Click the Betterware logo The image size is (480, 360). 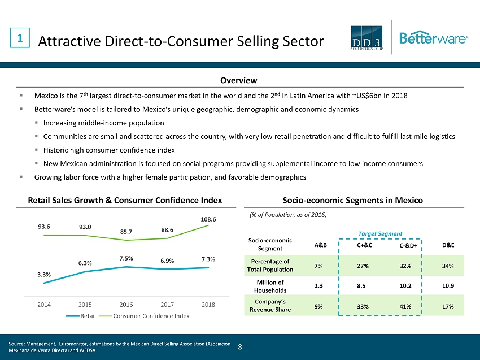pos(433,38)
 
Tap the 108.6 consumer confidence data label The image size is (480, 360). pos(208,217)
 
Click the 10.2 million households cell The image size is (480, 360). pos(405,285)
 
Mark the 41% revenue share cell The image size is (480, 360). pos(405,306)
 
